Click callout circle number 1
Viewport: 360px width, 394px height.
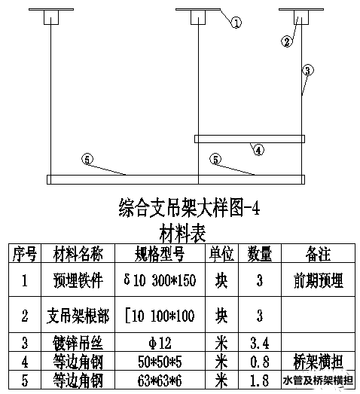[x=236, y=23]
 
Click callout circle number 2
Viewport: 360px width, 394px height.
[x=287, y=41]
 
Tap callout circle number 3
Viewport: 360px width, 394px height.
[x=308, y=70]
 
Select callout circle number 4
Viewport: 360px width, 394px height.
[x=259, y=150]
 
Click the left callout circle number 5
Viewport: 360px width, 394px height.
[x=87, y=159]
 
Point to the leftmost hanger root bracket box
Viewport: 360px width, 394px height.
[x=51, y=17]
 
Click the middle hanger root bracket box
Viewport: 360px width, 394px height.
[x=198, y=17]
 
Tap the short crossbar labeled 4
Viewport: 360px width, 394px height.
[x=250, y=139]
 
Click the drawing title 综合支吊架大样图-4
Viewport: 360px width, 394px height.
[x=189, y=207]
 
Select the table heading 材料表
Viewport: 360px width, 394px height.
[x=183, y=234]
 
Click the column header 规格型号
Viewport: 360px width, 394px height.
[x=160, y=254]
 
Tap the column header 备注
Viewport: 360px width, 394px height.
[x=318, y=254]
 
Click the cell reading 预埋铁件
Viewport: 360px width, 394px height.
[x=78, y=280]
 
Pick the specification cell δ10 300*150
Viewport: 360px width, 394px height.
[x=160, y=280]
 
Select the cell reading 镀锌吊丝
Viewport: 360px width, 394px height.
[x=78, y=343]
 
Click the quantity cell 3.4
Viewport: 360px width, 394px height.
[x=260, y=343]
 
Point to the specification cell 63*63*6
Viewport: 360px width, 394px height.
[x=160, y=380]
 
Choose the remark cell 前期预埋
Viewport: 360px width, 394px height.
[x=319, y=280]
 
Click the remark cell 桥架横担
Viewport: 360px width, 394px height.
[x=319, y=362]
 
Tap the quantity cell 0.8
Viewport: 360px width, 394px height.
[x=260, y=362]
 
